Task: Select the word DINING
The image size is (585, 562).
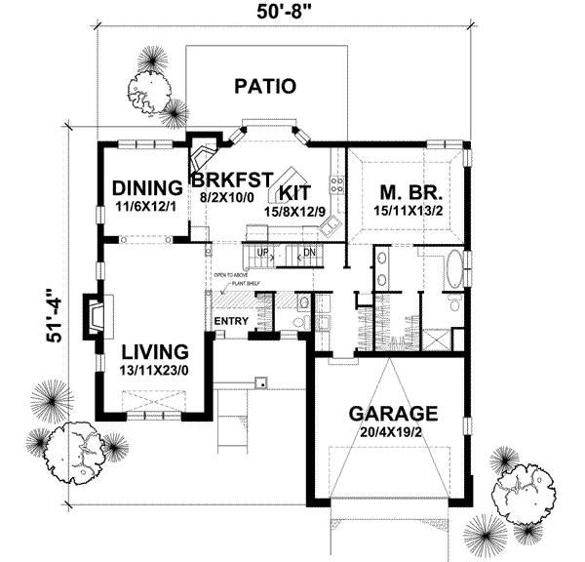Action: tap(147, 187)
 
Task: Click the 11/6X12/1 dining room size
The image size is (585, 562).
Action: tap(147, 207)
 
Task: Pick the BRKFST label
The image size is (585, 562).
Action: tap(230, 181)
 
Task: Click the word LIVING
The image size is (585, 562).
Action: tap(155, 351)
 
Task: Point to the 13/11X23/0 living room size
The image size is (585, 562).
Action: tap(155, 371)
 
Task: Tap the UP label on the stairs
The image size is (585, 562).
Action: tap(260, 253)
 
